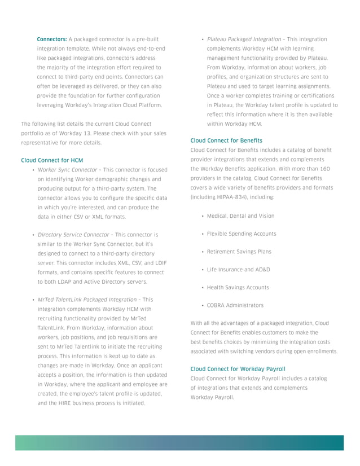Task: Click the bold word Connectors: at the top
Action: tap(51, 39)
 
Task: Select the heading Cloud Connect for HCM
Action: tap(52, 160)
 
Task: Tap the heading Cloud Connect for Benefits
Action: tap(226, 140)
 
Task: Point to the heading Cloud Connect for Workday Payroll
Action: tap(238, 369)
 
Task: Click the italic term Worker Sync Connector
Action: tap(67, 170)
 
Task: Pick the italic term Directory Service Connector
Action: tap(74, 234)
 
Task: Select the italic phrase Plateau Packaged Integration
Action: tap(244, 39)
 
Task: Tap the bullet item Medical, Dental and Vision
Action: tap(240, 216)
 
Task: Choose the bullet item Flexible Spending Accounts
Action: tap(242, 234)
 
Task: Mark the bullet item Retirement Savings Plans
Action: tap(239, 252)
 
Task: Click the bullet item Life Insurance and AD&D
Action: tap(238, 270)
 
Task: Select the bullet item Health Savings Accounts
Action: tap(238, 287)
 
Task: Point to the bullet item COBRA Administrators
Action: tap(235, 305)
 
